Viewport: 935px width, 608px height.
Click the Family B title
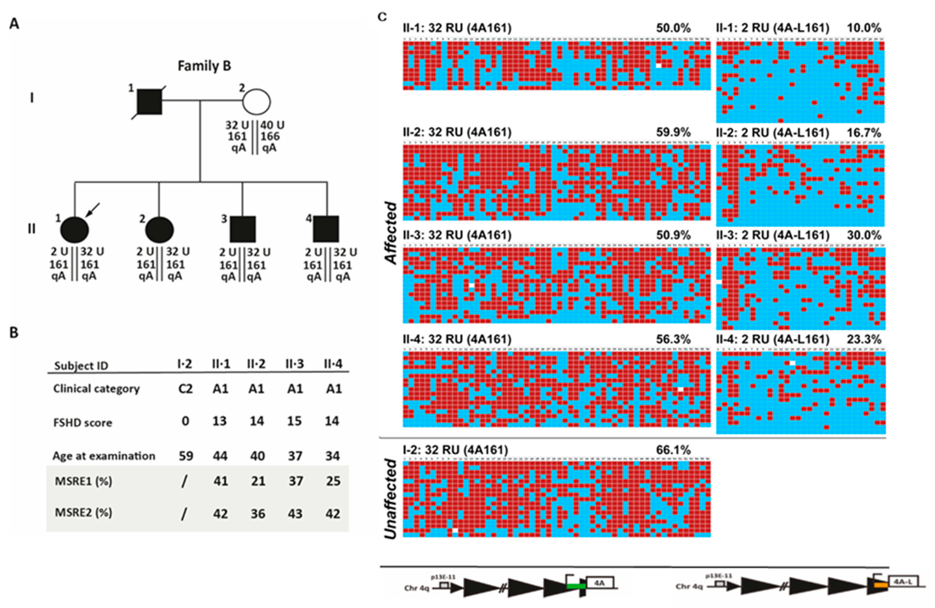pos(204,66)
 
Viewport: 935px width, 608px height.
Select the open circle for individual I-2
pos(256,102)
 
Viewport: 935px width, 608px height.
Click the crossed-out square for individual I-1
pos(149,102)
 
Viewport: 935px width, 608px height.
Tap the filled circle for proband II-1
pos(74,230)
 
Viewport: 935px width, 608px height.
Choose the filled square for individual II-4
pos(326,229)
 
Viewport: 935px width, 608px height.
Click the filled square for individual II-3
pos(242,229)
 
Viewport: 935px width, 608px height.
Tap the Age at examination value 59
pos(186,456)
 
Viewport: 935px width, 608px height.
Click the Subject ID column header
pos(81,366)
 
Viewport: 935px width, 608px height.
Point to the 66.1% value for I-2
pos(673,450)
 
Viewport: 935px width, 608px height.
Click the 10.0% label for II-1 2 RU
pos(864,28)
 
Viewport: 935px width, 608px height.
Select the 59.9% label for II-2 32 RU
pos(673,132)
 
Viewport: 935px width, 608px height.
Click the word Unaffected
pos(390,498)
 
